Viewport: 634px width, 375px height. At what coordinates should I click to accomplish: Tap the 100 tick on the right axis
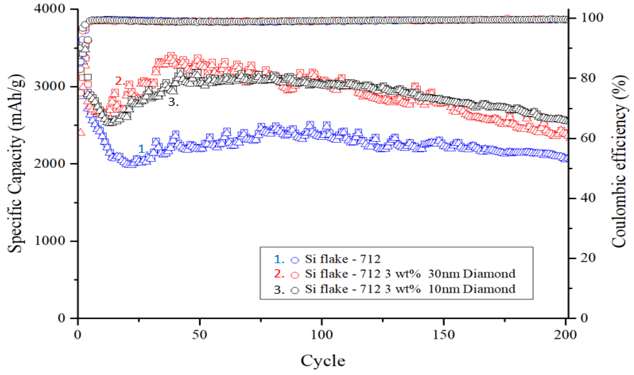pos(592,17)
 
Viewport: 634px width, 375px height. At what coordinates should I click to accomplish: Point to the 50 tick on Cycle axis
pos(200,335)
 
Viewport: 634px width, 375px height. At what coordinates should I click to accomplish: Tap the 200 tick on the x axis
pos(565,335)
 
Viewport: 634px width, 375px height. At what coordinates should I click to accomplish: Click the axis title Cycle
pos(323,361)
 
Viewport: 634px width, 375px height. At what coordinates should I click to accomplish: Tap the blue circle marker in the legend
pos(295,260)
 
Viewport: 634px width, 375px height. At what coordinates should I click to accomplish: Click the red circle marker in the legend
pos(295,275)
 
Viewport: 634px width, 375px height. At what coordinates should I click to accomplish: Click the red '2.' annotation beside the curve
pos(120,81)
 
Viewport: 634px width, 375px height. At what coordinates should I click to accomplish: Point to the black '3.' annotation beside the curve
pos(173,102)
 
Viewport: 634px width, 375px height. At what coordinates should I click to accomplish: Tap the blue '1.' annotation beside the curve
pos(143,149)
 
